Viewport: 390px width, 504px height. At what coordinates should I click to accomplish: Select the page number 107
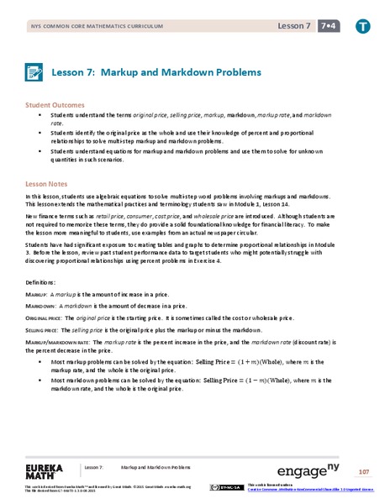[363, 470]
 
